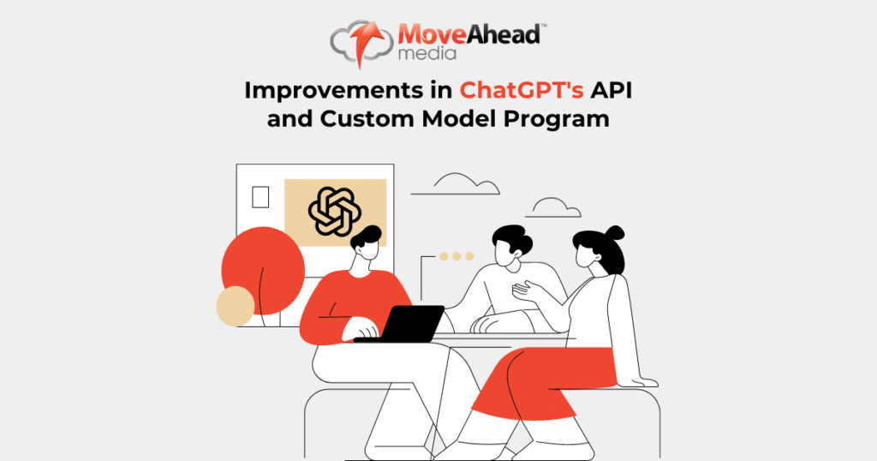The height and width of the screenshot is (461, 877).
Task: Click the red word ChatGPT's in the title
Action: click(x=522, y=91)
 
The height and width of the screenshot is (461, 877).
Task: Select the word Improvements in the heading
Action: click(x=333, y=91)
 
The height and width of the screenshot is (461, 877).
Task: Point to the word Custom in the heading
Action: click(x=367, y=118)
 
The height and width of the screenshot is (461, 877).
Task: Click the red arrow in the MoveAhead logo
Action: click(x=368, y=42)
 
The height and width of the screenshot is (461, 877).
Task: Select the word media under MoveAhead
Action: click(x=427, y=53)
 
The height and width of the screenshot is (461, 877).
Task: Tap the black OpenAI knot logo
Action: click(x=335, y=212)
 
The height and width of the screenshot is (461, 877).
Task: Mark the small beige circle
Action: click(x=236, y=306)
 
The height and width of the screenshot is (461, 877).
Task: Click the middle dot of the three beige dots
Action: click(x=456, y=256)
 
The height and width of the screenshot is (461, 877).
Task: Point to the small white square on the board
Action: click(x=260, y=197)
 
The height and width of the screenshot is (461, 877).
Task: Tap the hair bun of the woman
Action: click(x=615, y=233)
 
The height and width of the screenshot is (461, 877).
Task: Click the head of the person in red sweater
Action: click(x=367, y=243)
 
